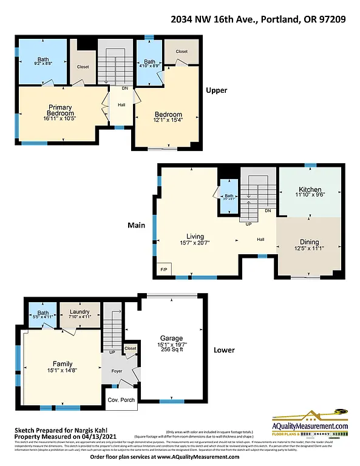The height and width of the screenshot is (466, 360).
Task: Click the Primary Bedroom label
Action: [61, 110]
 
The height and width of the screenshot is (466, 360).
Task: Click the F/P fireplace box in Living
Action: [163, 269]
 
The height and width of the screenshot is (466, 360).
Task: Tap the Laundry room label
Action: [80, 311]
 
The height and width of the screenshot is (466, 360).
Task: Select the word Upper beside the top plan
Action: [216, 90]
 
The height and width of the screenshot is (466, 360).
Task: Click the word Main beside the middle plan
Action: [136, 225]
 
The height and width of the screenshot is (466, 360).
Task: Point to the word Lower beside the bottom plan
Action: [224, 350]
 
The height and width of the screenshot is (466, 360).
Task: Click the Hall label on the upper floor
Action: [121, 104]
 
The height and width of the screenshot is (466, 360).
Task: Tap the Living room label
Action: [195, 237]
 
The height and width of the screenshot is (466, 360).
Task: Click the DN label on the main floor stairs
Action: [268, 211]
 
